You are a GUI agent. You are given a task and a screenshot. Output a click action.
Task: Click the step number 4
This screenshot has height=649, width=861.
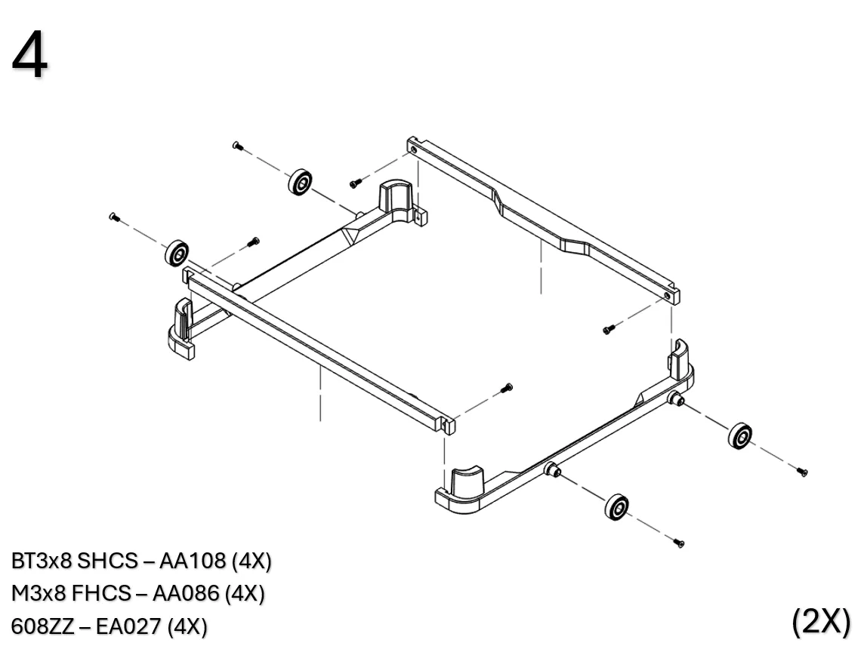pyautogui.click(x=29, y=57)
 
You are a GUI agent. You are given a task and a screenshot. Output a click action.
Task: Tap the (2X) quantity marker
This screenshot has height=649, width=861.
pyautogui.click(x=821, y=621)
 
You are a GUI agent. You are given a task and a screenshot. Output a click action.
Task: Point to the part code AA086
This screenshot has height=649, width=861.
pyautogui.click(x=188, y=594)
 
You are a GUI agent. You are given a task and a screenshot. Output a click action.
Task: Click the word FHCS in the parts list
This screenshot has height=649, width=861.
pyautogui.click(x=100, y=594)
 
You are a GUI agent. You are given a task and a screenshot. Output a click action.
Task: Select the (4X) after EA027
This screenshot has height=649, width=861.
pyautogui.click(x=187, y=627)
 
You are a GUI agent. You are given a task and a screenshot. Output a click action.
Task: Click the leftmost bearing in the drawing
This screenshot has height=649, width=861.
pyautogui.click(x=177, y=254)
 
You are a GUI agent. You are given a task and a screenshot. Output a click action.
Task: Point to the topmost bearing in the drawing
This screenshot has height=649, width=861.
pyautogui.click(x=300, y=182)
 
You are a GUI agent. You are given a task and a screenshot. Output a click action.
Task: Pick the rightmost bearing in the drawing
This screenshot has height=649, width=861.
pyautogui.click(x=740, y=435)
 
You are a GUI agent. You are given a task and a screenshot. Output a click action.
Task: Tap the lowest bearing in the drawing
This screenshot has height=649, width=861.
pyautogui.click(x=617, y=506)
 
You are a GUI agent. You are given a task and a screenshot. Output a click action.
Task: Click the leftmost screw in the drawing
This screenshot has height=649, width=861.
pyautogui.click(x=115, y=217)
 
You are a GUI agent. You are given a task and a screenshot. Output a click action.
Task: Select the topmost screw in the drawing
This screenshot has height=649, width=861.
pyautogui.click(x=238, y=146)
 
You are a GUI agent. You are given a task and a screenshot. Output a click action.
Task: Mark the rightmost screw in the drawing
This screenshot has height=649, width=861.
pyautogui.click(x=802, y=472)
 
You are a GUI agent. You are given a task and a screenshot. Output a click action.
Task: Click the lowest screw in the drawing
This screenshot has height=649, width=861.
pyautogui.click(x=678, y=543)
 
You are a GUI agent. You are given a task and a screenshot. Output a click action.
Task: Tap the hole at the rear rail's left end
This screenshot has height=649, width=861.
pyautogui.click(x=415, y=149)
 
